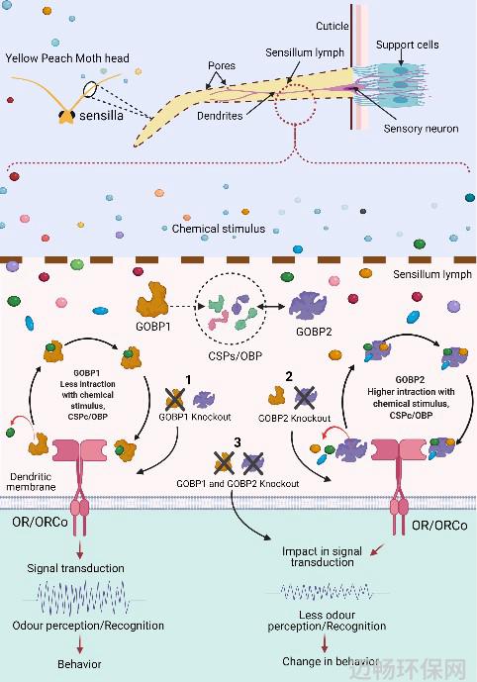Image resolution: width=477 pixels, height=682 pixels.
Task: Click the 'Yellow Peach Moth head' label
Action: (67, 58)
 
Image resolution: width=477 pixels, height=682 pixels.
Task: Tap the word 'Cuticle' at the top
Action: (333, 26)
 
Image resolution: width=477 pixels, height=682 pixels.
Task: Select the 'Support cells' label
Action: (408, 45)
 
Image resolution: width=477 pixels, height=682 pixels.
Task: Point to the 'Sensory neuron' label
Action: (421, 129)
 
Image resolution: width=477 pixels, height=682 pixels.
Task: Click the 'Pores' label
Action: (222, 65)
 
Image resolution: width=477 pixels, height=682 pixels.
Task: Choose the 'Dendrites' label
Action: (220, 116)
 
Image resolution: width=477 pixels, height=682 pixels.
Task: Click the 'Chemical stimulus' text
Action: (219, 229)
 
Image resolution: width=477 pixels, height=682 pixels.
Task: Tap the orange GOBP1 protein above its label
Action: (152, 299)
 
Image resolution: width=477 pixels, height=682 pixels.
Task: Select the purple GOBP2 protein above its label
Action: (308, 305)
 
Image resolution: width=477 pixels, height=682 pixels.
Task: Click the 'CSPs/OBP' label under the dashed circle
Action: (236, 356)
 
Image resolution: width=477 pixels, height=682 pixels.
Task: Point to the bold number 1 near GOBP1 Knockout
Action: (188, 380)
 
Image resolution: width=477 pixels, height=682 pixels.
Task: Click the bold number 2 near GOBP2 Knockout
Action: (289, 377)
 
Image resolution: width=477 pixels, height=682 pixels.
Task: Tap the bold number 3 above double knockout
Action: (238, 442)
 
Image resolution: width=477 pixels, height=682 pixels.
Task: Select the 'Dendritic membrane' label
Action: (31, 482)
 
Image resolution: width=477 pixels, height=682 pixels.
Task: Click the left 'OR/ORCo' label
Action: (40, 522)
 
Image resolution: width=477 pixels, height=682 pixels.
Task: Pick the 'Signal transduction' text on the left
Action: (75, 568)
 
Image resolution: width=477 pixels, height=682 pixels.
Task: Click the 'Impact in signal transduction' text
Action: (322, 556)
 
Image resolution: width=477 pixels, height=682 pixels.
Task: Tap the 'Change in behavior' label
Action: (331, 661)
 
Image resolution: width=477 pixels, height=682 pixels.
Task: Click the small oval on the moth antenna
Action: (90, 89)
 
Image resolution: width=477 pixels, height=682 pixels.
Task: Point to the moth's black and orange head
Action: (66, 117)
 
